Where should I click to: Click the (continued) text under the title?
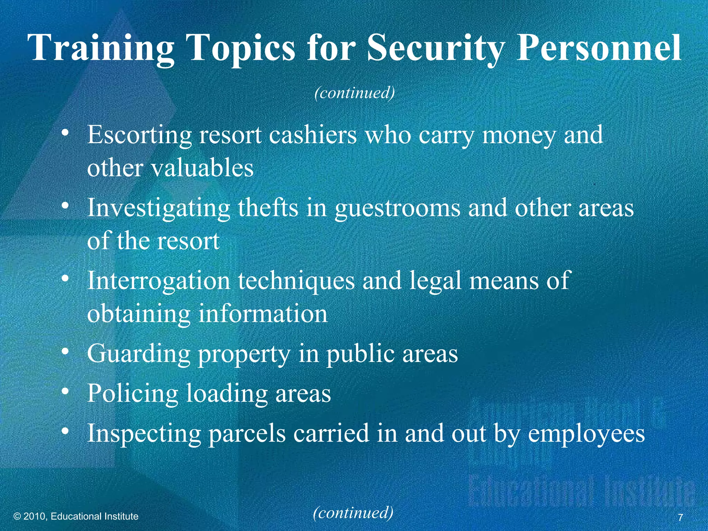pyautogui.click(x=354, y=93)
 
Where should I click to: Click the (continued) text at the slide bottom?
pyautogui.click(x=353, y=512)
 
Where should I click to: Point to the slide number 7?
pyautogui.click(x=680, y=518)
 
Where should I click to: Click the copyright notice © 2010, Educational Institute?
pyautogui.click(x=76, y=516)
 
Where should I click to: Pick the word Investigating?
pyautogui.click(x=158, y=209)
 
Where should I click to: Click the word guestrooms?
pyautogui.click(x=397, y=209)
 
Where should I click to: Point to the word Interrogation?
pyautogui.click(x=158, y=281)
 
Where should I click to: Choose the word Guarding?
pyautogui.click(x=139, y=355)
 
